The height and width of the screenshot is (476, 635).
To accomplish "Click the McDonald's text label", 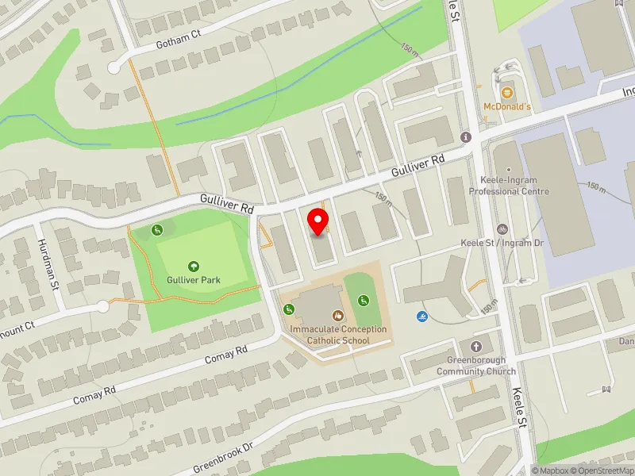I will point(507,106).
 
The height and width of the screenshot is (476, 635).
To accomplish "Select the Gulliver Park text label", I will point(194,280).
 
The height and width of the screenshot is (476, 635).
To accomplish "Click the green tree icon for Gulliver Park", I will point(193,267).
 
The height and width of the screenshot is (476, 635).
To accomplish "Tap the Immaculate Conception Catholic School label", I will point(339,335).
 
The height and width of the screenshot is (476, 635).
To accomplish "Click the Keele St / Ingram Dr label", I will point(502,242).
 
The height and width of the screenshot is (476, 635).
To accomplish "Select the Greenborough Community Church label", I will point(476,366).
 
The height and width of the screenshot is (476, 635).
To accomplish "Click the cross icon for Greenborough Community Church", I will point(476,347).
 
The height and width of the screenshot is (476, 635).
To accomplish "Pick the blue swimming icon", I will point(421,317).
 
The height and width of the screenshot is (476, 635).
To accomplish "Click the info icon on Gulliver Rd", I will point(465,137).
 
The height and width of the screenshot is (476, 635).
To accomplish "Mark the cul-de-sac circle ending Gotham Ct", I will point(114,68).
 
